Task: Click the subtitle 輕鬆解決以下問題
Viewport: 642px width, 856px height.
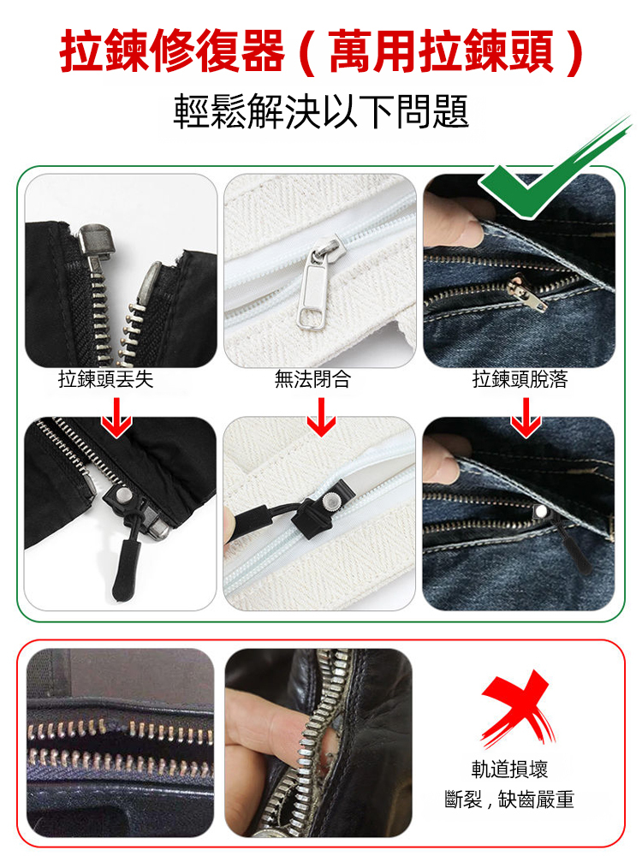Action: click(321, 111)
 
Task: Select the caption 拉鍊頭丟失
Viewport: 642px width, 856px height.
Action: click(105, 379)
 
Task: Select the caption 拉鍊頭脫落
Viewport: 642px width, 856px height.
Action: click(520, 379)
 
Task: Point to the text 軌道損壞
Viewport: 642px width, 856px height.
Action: click(509, 769)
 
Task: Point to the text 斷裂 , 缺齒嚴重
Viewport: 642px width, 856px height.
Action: click(509, 800)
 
